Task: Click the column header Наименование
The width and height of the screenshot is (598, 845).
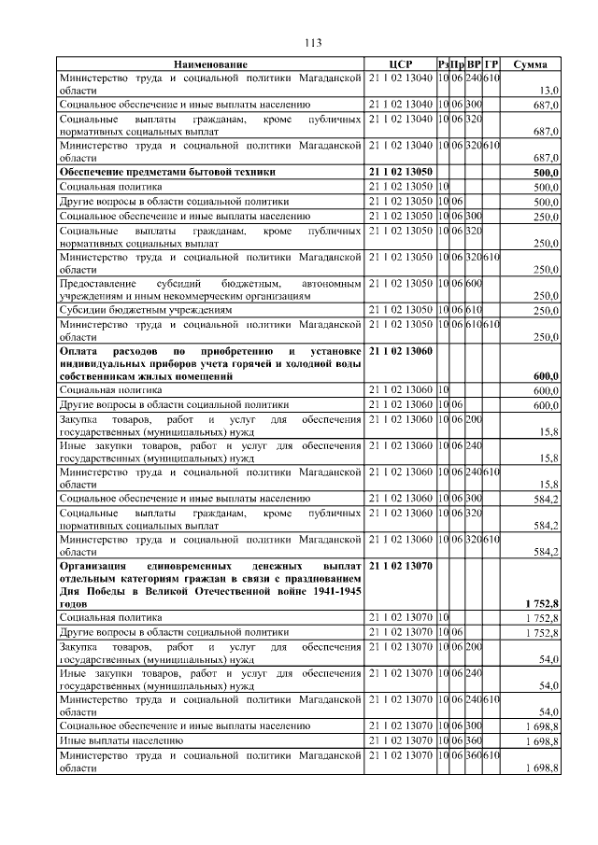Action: pos(210,64)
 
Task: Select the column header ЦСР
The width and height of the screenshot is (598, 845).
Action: pos(400,64)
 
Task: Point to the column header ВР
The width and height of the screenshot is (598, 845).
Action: pos(474,64)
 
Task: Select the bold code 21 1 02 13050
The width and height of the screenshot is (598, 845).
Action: pos(401,173)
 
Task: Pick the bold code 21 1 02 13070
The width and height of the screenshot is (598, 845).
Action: pos(401,566)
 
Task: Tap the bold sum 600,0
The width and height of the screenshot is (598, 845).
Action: pos(545,376)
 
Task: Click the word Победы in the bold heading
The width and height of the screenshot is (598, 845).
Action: pos(101,592)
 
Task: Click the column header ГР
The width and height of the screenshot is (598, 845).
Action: pos(492,64)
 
